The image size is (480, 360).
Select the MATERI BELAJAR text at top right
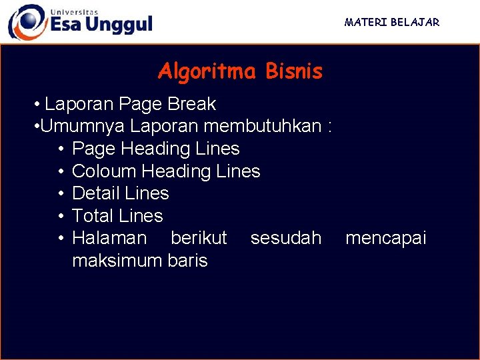pos(391,22)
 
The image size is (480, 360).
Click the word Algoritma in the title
pos(206,71)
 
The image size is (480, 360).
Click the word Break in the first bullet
pos(192,104)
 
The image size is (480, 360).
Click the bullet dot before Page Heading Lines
pos(61,149)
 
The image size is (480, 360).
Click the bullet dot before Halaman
pos(61,238)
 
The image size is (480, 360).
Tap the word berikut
pos(199,238)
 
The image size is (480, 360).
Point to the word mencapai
pos(385,238)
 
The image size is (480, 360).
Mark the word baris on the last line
pos(190,261)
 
